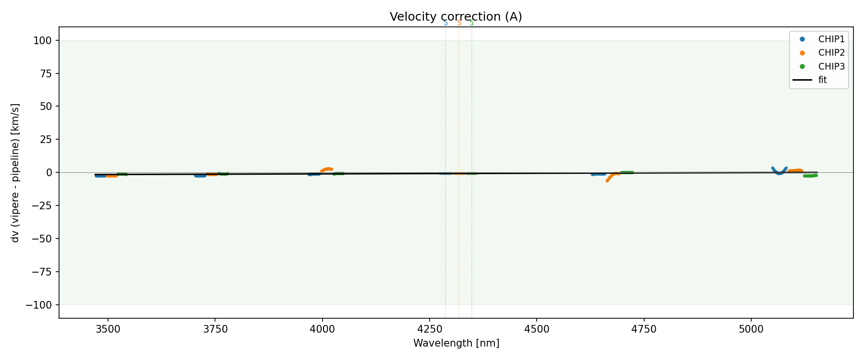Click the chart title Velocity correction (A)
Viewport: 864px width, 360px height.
click(x=456, y=17)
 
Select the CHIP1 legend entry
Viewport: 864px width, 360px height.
click(x=831, y=39)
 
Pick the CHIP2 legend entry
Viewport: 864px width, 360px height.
click(x=831, y=53)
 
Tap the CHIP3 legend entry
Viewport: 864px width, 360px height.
click(x=831, y=67)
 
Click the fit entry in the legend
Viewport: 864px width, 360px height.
click(x=822, y=80)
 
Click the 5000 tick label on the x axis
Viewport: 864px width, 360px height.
click(x=751, y=329)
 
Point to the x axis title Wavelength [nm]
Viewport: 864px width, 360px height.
click(x=456, y=343)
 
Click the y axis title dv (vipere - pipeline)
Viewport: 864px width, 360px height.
click(x=15, y=172)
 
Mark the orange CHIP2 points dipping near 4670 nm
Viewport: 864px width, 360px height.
click(x=610, y=178)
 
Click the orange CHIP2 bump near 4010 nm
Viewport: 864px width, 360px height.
click(x=327, y=169)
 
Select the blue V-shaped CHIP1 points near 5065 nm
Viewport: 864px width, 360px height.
click(x=779, y=172)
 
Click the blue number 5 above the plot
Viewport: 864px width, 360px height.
click(x=445, y=23)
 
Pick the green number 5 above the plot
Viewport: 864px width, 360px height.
click(x=471, y=23)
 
